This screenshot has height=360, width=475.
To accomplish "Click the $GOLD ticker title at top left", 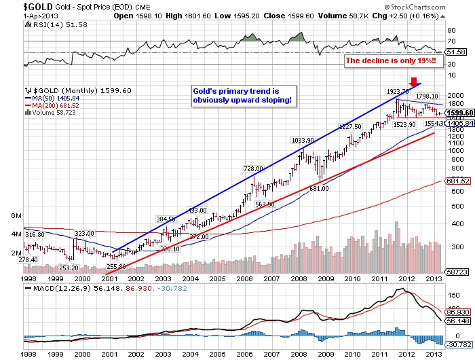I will click(x=14, y=5).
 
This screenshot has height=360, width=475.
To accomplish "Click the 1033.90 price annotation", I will click(x=303, y=140).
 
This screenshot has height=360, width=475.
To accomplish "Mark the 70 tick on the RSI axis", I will click(x=450, y=42).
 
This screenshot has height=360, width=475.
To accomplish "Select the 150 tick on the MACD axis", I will click(x=452, y=296).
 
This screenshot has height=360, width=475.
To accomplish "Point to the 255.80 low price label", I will click(x=115, y=266).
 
